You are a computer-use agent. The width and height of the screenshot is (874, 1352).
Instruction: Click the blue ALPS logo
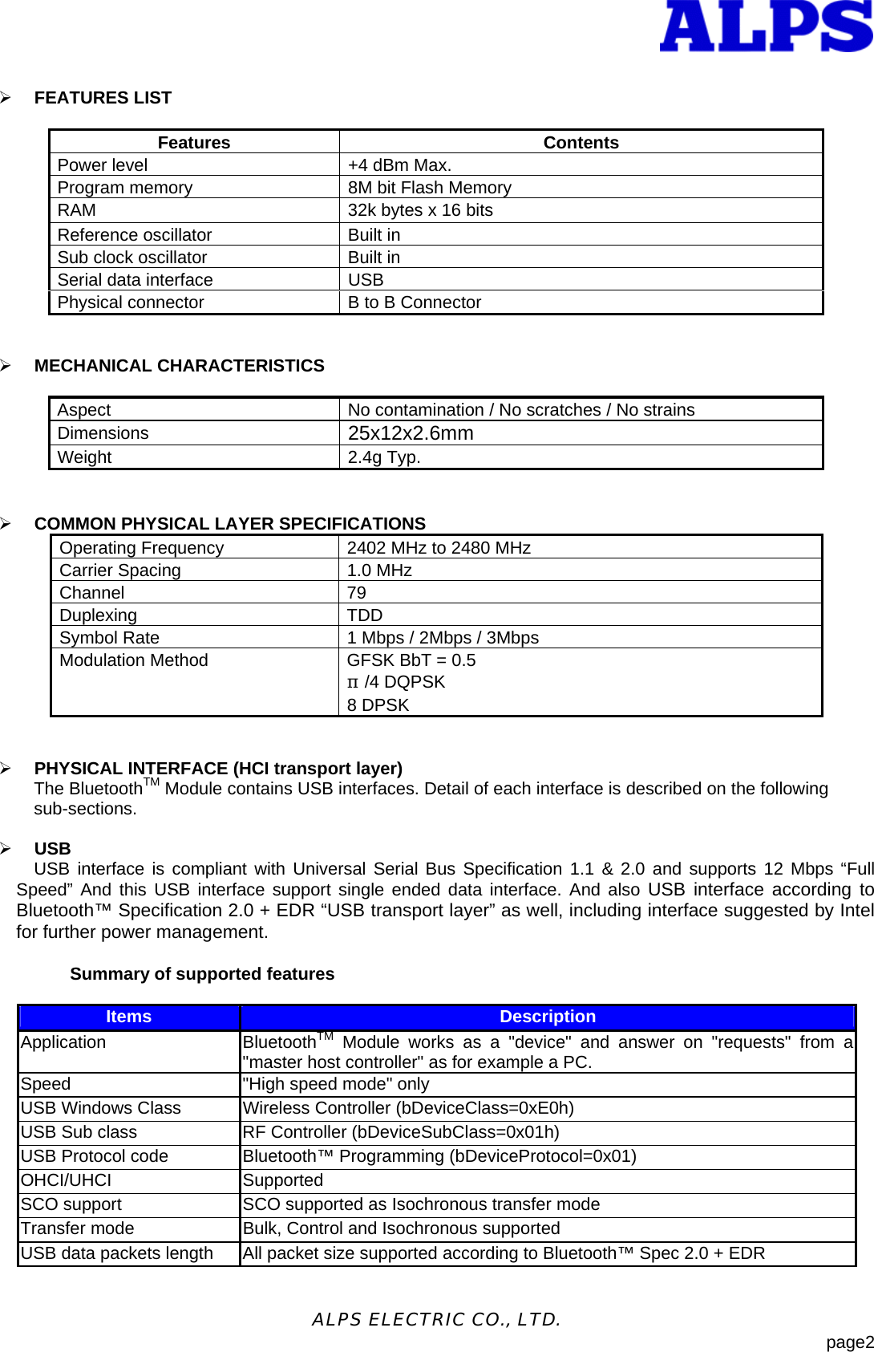coord(766,26)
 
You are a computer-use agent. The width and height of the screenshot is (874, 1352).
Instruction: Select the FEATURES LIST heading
coord(103,98)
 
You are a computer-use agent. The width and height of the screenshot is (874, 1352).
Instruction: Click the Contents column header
coord(581,143)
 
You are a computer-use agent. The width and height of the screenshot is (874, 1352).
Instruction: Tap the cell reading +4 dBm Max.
coord(399,165)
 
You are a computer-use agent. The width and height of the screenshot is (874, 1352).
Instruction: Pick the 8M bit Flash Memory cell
coord(429,188)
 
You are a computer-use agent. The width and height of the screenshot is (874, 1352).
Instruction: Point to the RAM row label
coord(77,210)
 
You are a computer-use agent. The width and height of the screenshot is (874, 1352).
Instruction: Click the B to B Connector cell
coord(415,302)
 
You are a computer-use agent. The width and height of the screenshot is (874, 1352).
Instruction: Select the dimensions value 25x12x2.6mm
coord(411,433)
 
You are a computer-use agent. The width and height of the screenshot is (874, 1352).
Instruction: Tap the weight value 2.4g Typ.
coord(384,457)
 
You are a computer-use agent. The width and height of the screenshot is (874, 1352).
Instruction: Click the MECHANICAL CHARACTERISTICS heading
coord(179,366)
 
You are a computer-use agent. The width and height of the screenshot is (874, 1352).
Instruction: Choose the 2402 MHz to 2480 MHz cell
coord(439,548)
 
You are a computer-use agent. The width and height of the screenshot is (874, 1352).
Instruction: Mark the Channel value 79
coord(357,593)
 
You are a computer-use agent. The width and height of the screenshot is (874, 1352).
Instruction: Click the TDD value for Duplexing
coord(365,615)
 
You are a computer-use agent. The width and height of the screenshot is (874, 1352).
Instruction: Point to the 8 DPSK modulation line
coord(378,705)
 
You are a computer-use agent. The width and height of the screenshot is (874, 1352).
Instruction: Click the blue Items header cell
coord(128,1017)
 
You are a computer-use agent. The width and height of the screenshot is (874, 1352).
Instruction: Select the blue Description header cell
coord(548,1017)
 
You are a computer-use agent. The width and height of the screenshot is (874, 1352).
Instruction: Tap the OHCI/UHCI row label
coord(67,1180)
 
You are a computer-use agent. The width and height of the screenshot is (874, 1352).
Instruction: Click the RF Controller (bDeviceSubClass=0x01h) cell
coord(401,1132)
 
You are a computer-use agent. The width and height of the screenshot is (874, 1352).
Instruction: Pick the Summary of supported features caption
coord(202,974)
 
